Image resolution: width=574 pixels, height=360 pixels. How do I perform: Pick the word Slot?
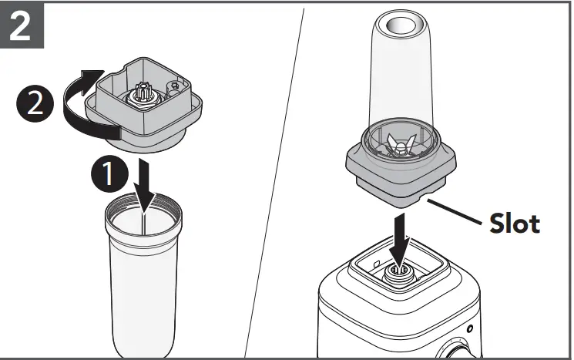(515, 224)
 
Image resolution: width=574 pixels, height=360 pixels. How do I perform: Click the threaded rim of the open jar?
(145, 207)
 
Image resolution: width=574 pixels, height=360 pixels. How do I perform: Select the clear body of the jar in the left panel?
(144, 285)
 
